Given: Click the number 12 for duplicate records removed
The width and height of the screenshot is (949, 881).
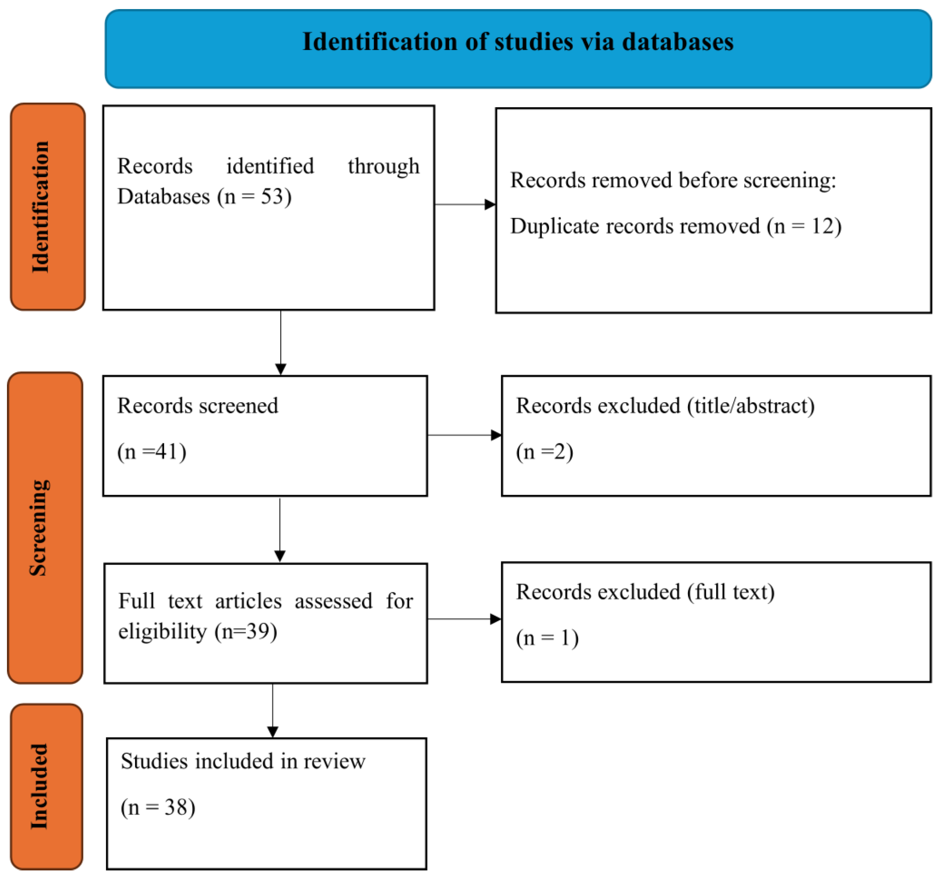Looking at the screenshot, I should coord(822,226).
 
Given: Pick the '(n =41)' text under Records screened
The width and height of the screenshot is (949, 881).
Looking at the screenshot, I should coord(152,452).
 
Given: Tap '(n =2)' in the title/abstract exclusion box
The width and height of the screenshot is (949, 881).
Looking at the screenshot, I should coord(544,452).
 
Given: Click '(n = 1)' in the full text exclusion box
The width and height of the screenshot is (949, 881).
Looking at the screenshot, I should coord(547,638).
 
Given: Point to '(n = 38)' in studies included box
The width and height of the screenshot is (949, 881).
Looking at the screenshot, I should coord(158,807).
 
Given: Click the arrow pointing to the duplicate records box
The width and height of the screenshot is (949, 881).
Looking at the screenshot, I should coord(465,204).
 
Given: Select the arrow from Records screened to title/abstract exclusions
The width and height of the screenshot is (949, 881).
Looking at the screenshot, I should coord(464,435).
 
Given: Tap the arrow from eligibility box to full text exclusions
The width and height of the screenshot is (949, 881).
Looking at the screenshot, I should coord(464,619).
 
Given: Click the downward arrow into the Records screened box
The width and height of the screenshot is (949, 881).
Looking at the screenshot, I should coord(281,343).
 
